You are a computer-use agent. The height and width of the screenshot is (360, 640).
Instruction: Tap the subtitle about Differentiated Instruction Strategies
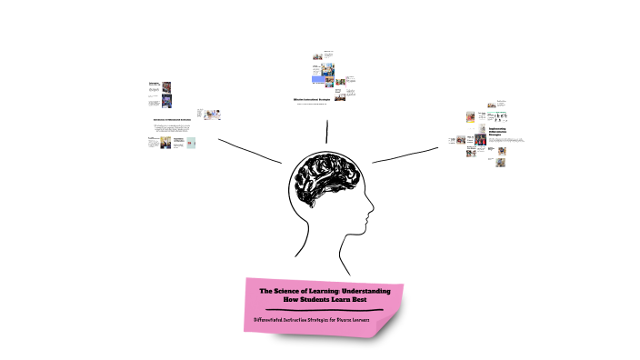click(321, 320)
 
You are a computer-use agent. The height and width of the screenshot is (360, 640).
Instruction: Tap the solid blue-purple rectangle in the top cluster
click(318, 80)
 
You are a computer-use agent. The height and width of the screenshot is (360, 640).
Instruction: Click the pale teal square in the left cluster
click(191, 142)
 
